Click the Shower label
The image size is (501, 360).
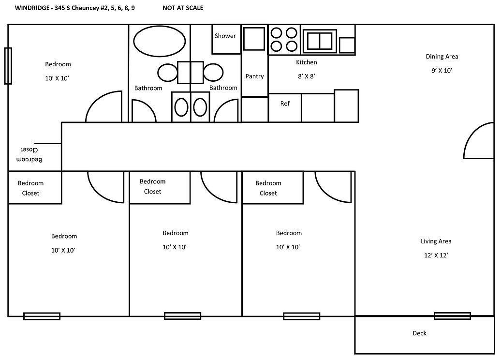click(225, 36)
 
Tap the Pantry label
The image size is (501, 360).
click(254, 76)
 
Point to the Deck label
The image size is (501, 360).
click(419, 333)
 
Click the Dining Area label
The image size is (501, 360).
click(442, 57)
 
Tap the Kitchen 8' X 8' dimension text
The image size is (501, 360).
click(306, 76)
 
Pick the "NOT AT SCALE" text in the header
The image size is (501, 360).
click(183, 8)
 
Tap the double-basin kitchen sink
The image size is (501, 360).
click(320, 41)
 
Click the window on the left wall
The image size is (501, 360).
click(8, 66)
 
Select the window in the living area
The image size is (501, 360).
click(452, 316)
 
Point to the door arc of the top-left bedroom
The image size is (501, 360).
click(103, 107)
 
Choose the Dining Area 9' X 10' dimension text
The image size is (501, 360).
click(441, 71)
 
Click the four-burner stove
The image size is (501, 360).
click(284, 39)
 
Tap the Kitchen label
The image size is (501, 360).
click(306, 62)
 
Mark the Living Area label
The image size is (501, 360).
click(436, 241)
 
